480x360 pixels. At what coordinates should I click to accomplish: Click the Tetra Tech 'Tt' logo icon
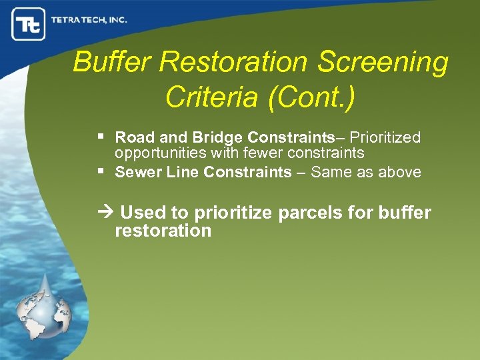coord(28,25)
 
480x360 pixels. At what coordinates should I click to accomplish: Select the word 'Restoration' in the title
coord(234,62)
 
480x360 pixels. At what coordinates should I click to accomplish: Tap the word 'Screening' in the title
coord(383,62)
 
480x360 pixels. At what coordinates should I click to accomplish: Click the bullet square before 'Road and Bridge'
coord(101,136)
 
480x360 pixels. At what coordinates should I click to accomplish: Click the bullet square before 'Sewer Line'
coord(101,171)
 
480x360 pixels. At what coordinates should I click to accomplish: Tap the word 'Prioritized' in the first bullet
coord(385,138)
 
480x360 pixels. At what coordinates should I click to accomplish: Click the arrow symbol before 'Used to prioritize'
coord(106,213)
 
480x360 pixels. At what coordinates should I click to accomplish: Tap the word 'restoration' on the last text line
coord(163,231)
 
